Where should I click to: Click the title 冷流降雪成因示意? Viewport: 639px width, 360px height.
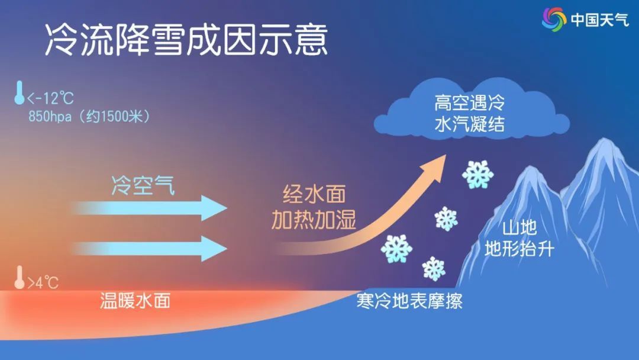186,40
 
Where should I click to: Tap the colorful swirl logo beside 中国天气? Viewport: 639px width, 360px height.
554,19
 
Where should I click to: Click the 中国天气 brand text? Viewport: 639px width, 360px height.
599,20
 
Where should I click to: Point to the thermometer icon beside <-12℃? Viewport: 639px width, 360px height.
19,92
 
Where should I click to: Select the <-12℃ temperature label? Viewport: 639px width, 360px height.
50,98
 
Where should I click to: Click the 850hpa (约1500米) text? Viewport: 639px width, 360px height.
89,117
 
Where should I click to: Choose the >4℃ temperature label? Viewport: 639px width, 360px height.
43,282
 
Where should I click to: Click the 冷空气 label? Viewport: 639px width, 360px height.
143,185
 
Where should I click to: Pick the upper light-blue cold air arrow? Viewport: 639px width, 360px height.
149,208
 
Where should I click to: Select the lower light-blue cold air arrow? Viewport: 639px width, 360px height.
149,248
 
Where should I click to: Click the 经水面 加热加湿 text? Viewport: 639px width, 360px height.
314,207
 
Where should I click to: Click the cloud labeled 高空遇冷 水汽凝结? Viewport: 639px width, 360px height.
472,111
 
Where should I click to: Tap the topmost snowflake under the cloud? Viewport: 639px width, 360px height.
477,175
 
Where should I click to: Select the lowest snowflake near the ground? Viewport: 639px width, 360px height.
434,269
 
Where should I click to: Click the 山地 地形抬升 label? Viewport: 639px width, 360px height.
519,239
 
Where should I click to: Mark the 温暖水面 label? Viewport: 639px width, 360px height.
135,301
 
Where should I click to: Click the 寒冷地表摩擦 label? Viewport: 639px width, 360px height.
409,301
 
